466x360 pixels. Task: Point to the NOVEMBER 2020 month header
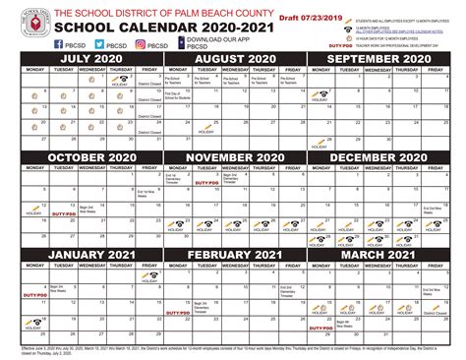[233, 157]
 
